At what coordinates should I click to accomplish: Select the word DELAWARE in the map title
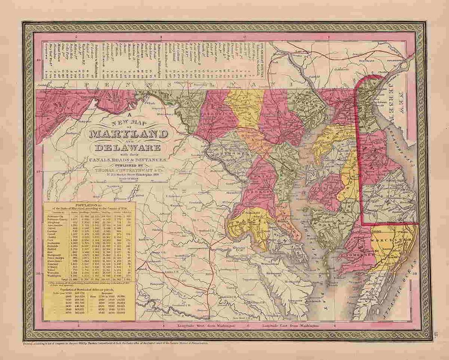pyautogui.click(x=127, y=149)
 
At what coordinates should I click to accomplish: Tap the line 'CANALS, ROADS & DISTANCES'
pyautogui.click(x=127, y=158)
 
